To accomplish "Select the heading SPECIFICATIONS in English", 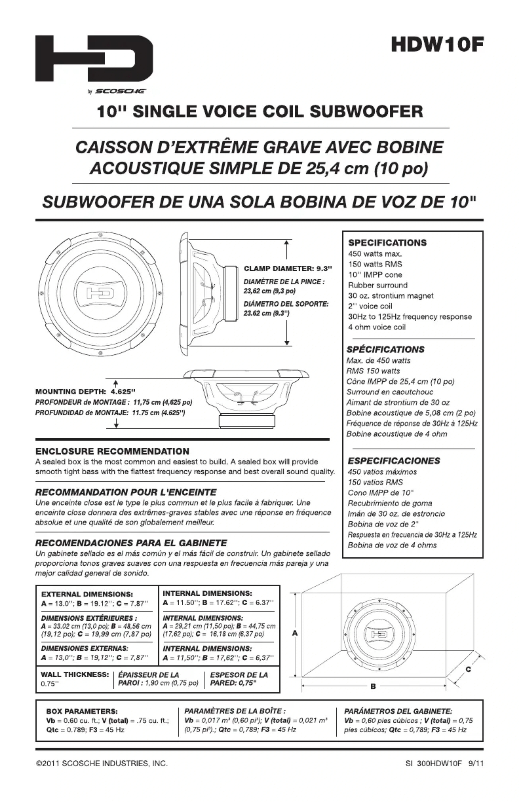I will pos(387,243).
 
